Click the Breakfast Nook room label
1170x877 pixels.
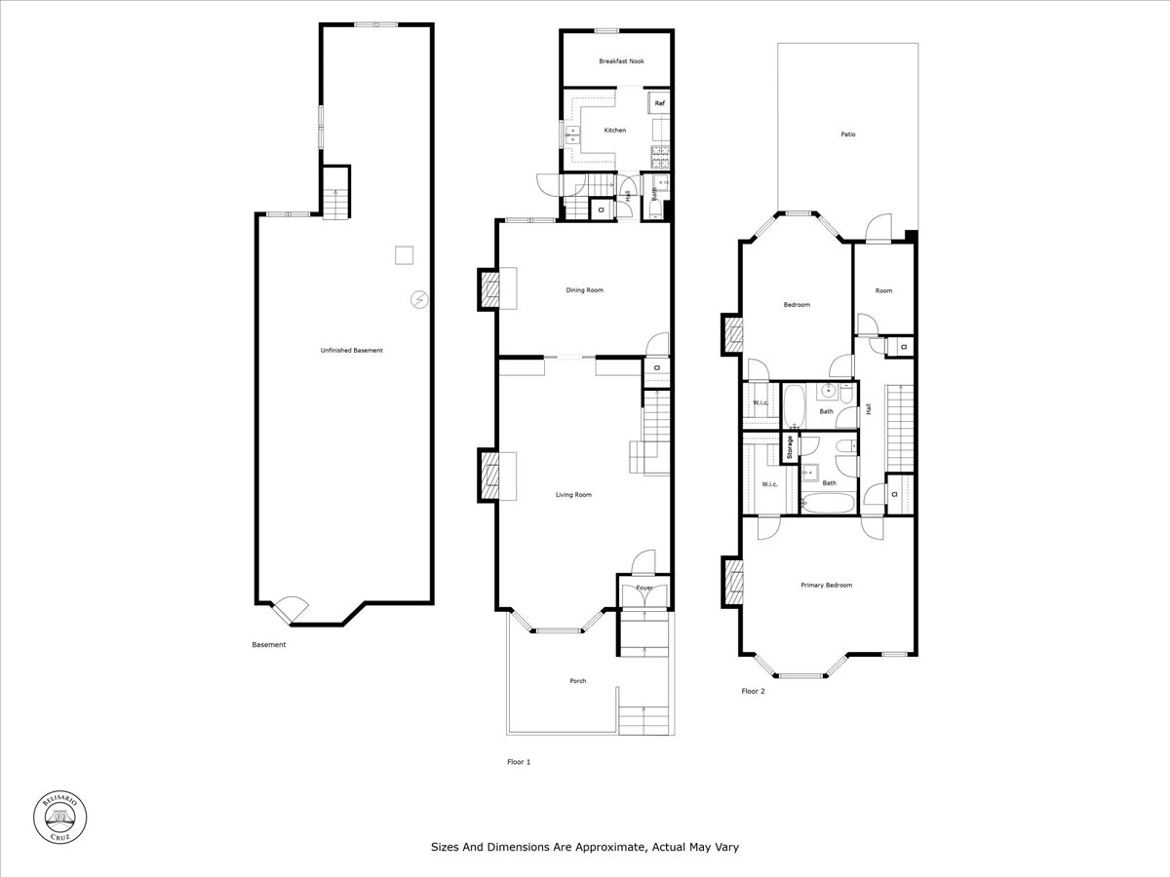[621, 61]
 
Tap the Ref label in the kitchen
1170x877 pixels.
[659, 103]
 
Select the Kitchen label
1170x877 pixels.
[614, 130]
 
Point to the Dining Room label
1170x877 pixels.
[585, 289]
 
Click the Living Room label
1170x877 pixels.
[573, 495]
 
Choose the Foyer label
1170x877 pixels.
[644, 588]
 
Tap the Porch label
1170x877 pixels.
[578, 680]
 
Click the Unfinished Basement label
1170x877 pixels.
[352, 350]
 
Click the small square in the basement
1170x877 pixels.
[405, 255]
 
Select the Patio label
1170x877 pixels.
[848, 133]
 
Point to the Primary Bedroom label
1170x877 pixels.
[826, 585]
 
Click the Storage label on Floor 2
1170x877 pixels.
[790, 447]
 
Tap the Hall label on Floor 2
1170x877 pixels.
[868, 409]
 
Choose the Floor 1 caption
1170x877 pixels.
[519, 762]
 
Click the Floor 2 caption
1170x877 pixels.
[753, 691]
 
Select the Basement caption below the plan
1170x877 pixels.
[269, 644]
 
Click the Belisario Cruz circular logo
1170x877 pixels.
[60, 815]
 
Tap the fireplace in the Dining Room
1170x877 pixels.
[489, 289]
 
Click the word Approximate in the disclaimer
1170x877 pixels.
[608, 847]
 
